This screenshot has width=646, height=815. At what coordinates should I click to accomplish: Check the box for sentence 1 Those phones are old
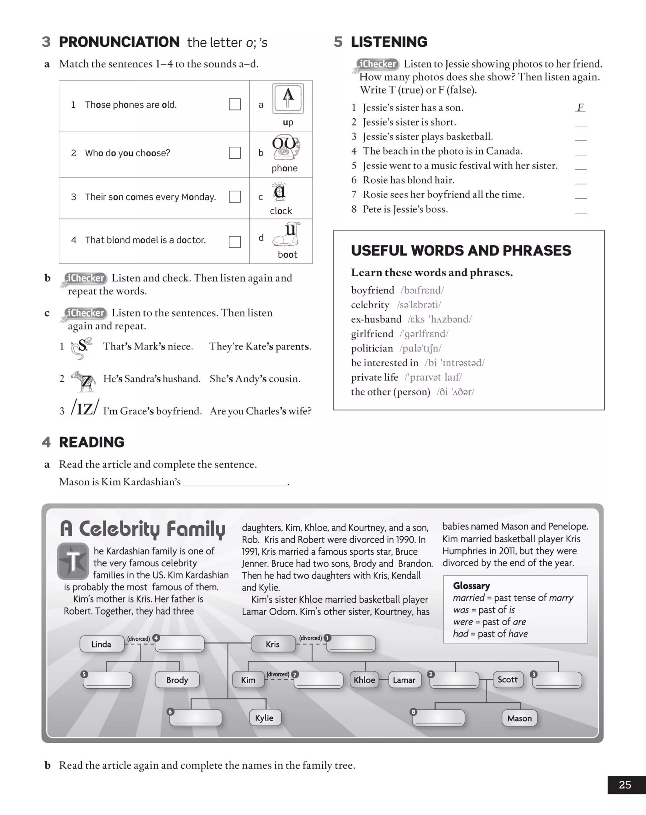(x=235, y=104)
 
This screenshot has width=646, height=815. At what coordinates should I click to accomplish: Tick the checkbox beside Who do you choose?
(x=235, y=153)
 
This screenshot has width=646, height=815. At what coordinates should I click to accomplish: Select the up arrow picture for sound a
(x=288, y=98)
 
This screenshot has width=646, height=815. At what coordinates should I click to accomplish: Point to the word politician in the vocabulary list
(x=372, y=348)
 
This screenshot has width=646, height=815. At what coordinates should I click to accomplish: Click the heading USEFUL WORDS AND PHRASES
(x=461, y=251)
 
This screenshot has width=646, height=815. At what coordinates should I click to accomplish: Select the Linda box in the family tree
(x=102, y=644)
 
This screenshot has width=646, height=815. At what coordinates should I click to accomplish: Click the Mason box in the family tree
(x=519, y=718)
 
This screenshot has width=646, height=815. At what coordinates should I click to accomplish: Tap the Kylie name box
(x=264, y=717)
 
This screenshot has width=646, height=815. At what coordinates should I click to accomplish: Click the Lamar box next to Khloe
(x=404, y=680)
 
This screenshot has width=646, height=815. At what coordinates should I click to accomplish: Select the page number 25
(x=625, y=785)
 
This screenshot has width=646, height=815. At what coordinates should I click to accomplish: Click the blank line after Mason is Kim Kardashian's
(x=235, y=482)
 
